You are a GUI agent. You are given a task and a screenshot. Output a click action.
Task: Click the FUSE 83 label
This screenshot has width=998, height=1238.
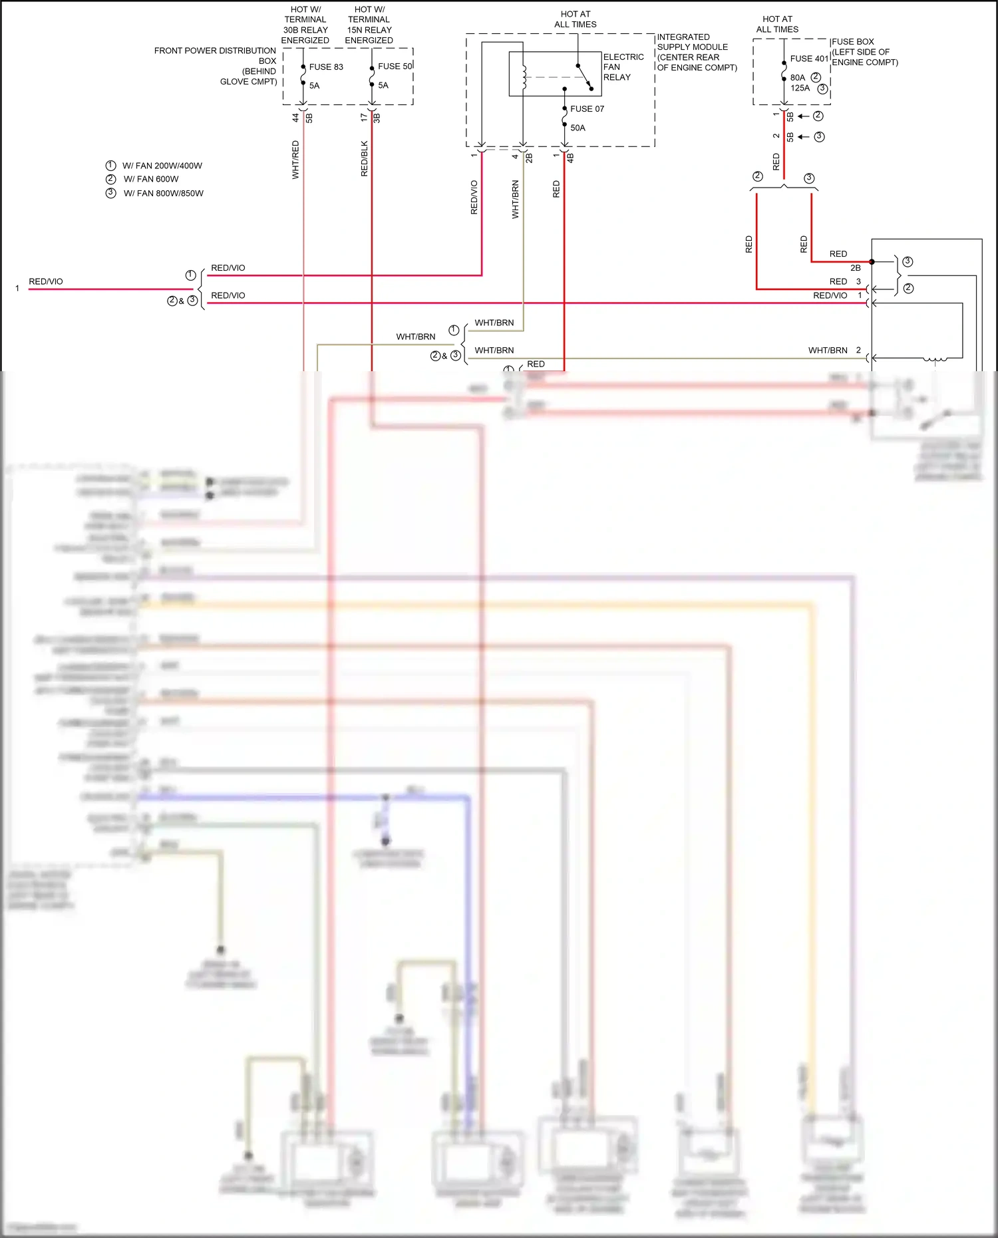(325, 67)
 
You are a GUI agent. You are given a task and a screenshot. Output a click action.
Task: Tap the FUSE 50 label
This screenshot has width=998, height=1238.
(395, 67)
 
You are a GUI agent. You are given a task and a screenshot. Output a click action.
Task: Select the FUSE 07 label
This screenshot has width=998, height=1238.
(587, 108)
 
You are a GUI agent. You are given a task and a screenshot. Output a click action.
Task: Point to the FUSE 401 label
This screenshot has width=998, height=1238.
(809, 59)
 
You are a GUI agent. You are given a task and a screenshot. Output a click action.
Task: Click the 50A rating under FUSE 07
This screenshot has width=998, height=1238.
(578, 128)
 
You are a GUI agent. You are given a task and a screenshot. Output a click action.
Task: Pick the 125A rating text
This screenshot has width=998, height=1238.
(800, 88)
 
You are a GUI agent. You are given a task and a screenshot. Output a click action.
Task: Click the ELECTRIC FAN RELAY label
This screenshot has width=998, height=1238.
(623, 67)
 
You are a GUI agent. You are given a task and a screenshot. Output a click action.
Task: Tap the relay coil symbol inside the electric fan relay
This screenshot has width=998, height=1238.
(524, 77)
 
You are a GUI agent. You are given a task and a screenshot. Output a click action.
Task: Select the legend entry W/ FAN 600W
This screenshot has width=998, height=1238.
(151, 179)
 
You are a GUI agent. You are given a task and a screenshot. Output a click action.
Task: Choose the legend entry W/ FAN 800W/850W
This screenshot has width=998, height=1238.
(163, 193)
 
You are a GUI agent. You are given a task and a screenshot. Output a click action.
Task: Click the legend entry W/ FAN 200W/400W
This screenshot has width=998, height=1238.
(162, 166)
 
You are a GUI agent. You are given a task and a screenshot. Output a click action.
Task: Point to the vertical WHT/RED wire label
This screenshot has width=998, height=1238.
(295, 160)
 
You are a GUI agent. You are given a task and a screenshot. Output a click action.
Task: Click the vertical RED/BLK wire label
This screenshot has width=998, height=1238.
(364, 158)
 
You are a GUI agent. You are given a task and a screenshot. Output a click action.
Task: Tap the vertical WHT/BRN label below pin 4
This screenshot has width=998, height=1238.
(515, 200)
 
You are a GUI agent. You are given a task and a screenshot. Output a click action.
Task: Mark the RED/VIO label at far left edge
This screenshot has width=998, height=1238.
(45, 281)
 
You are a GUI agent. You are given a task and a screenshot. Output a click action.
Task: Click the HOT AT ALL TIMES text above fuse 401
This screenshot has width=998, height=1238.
(776, 24)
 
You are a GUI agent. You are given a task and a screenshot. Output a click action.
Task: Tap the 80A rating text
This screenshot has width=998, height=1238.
(797, 77)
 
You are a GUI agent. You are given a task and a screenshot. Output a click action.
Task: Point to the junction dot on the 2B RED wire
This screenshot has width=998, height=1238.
(872, 261)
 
